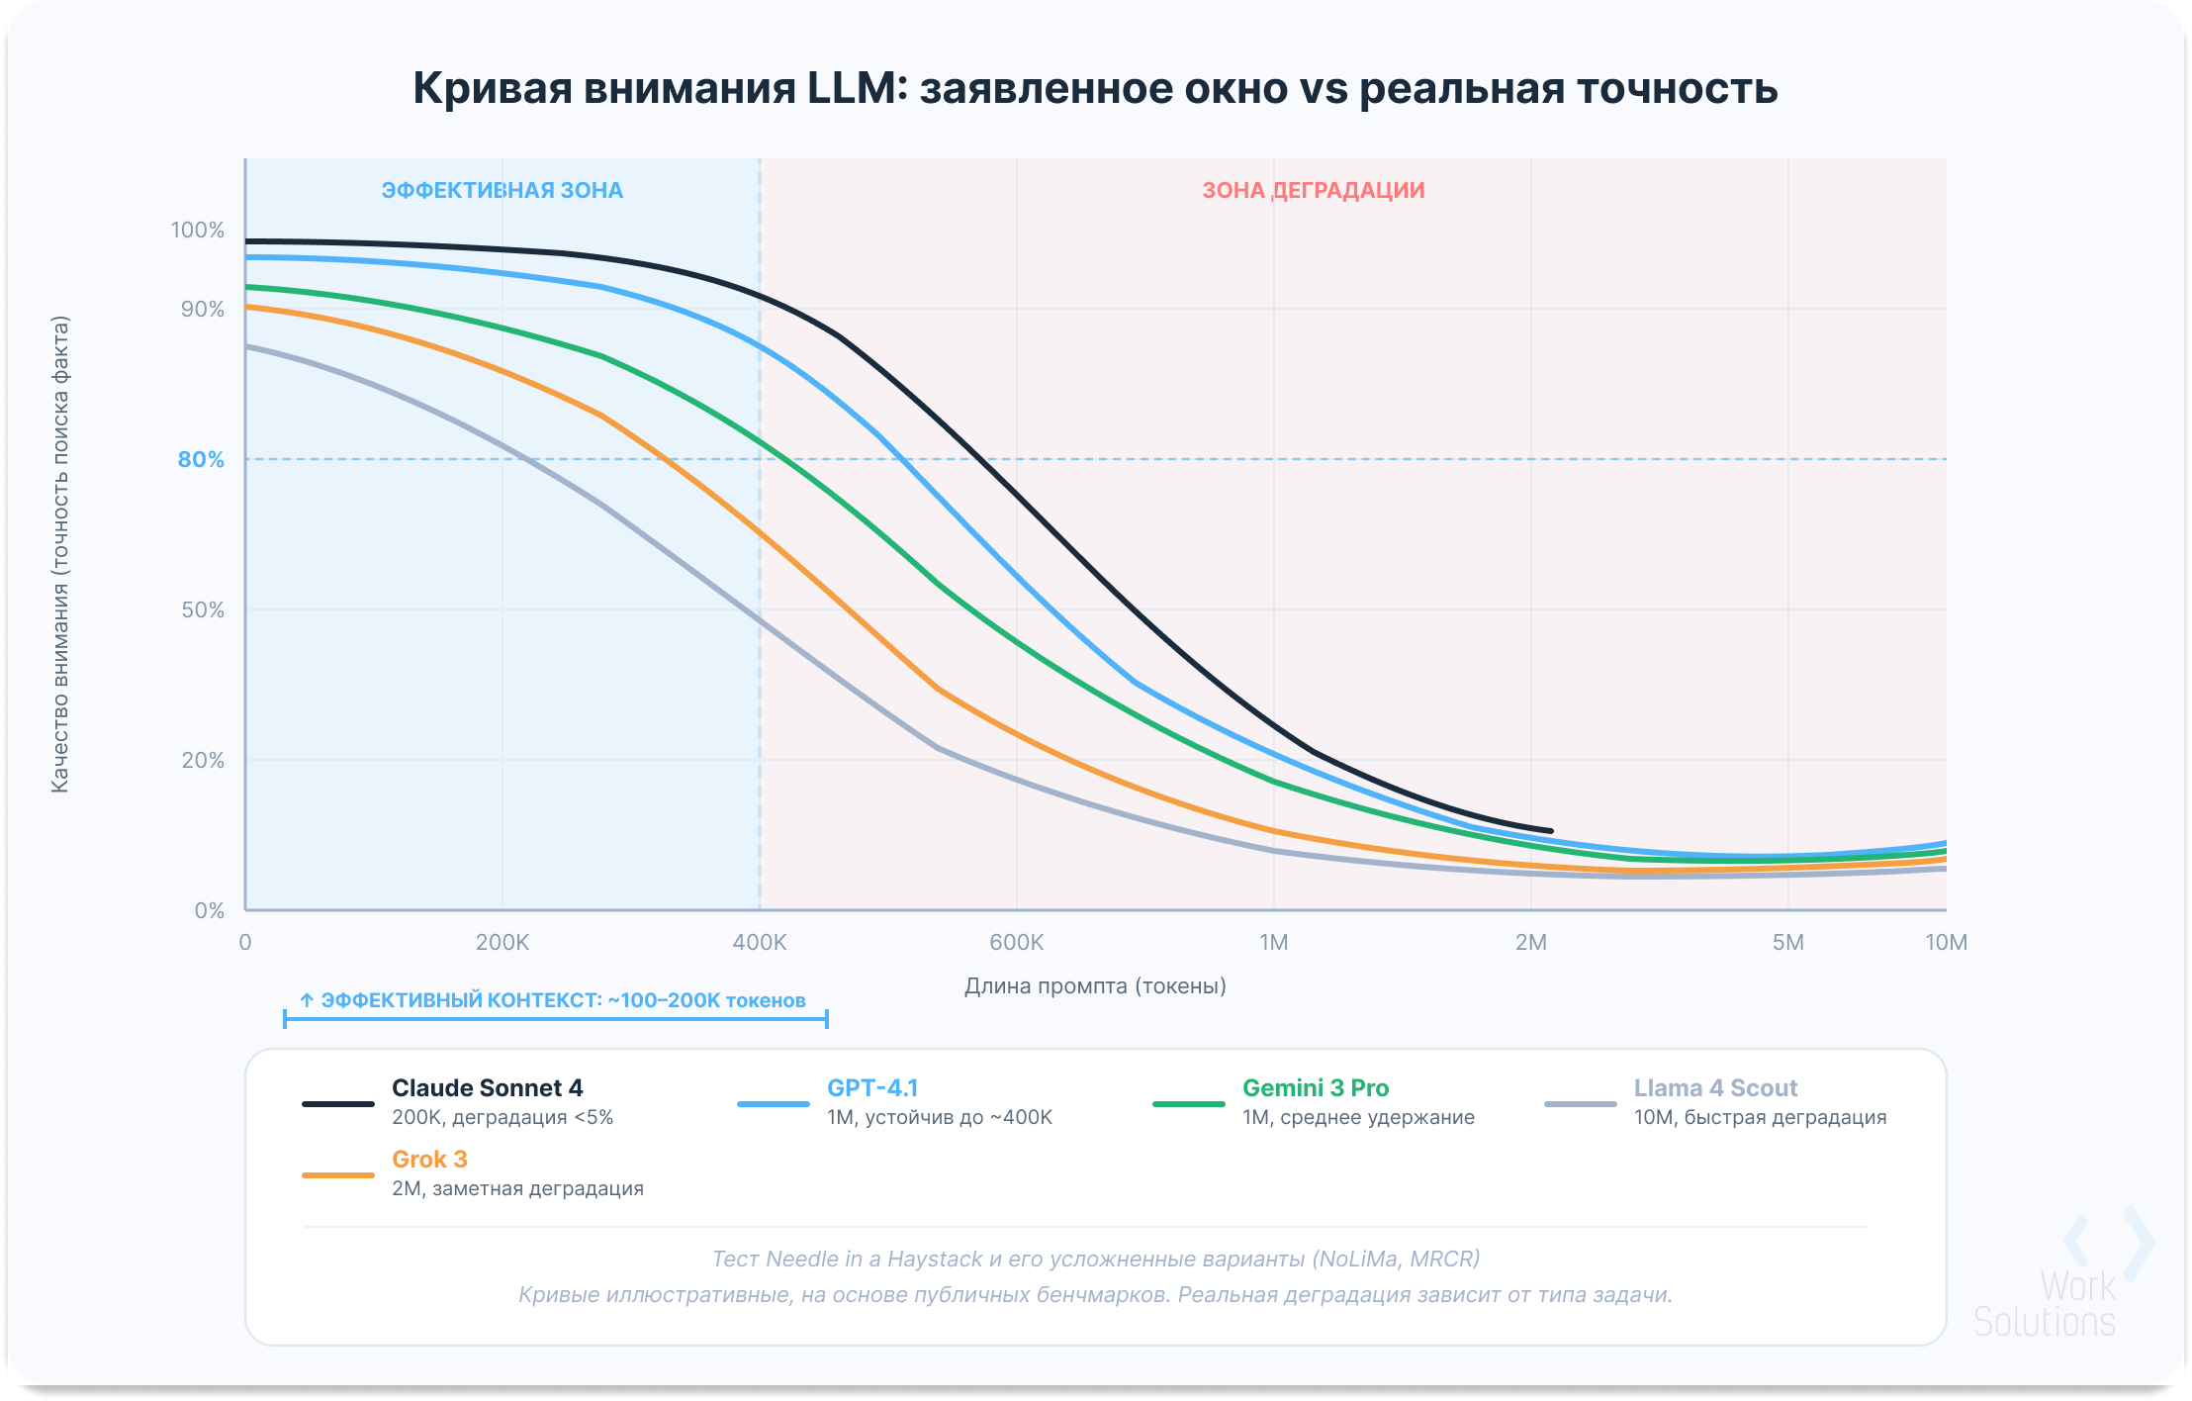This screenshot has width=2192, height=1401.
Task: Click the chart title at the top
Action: tap(1095, 88)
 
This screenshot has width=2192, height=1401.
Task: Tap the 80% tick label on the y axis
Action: tap(201, 460)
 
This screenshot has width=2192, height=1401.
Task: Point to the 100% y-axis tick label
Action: tap(198, 231)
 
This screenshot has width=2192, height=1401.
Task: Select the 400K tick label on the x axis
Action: tap(760, 943)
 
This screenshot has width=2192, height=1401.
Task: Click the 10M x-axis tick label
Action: tap(1945, 943)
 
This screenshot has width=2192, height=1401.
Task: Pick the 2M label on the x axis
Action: tap(1530, 943)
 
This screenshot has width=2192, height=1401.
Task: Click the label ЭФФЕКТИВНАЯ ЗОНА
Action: tap(502, 190)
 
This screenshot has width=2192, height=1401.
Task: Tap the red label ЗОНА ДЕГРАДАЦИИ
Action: tap(1313, 190)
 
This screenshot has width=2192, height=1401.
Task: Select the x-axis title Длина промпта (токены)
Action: tap(1095, 986)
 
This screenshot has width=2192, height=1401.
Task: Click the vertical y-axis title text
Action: tap(60, 554)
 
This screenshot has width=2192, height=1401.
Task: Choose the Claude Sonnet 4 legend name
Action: tap(487, 1088)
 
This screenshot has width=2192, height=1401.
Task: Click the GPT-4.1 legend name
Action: tap(872, 1088)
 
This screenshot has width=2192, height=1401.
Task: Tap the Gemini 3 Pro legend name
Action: tap(1315, 1088)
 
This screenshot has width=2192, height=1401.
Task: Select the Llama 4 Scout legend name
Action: tap(1715, 1088)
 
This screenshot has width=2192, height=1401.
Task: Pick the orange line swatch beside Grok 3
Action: tap(338, 1175)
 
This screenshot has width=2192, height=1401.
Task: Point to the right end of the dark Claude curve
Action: tap(1549, 831)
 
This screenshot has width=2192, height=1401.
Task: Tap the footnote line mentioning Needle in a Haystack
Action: tap(1095, 1260)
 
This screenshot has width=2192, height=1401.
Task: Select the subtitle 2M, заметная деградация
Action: tap(517, 1189)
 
